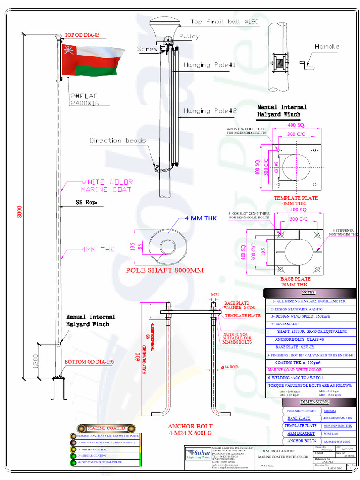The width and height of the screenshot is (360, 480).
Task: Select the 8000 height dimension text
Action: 20,212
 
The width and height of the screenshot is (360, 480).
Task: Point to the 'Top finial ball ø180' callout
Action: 224,22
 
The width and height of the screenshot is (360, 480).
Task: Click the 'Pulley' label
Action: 189,37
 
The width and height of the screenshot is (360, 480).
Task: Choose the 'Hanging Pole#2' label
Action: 210,111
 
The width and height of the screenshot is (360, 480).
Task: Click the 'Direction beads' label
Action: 118,140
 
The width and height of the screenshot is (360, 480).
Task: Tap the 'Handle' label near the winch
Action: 327,46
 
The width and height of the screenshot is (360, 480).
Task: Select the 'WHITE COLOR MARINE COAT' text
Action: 107,186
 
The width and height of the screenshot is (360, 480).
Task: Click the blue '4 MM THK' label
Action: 201,218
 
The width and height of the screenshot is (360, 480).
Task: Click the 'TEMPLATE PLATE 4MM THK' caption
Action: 296,201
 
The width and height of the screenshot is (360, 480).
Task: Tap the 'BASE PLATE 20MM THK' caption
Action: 294,282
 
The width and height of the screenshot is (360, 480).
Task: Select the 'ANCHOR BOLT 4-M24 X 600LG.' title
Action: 190,430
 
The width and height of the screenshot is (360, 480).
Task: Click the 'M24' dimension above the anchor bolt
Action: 215,294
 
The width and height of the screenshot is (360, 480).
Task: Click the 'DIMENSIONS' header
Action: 315,402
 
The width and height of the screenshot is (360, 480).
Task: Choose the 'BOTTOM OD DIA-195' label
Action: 89,362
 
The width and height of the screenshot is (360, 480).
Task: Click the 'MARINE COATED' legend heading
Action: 106,428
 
